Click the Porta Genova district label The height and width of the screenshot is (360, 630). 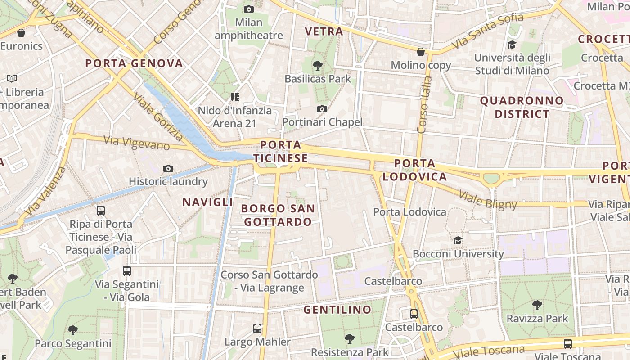tap(134, 63)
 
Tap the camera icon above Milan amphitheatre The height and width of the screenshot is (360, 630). tap(248, 9)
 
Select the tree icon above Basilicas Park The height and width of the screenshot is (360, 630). tap(318, 66)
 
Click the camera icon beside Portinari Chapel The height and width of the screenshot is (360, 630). tap(322, 109)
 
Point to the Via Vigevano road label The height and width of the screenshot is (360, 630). tap(137, 143)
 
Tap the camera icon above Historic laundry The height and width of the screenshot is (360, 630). tap(168, 169)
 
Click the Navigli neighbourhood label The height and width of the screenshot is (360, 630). tap(207, 202)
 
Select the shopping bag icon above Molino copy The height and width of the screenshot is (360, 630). tap(421, 52)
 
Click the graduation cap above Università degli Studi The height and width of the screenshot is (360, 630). tap(512, 45)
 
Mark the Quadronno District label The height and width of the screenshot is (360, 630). tap(522, 107)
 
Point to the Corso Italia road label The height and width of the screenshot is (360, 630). tap(424, 105)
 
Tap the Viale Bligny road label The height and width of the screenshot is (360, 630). tap(488, 200)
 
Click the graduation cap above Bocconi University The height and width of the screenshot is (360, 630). tap(458, 240)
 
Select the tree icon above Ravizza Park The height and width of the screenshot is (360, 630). tap(537, 305)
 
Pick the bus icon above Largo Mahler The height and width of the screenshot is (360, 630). tap(257, 328)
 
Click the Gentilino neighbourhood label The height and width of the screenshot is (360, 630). tap(337, 310)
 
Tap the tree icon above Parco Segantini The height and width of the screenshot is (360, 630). tap(73, 330)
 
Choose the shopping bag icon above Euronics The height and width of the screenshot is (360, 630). tap(21, 33)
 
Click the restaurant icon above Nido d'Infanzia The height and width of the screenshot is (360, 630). tap(234, 97)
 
